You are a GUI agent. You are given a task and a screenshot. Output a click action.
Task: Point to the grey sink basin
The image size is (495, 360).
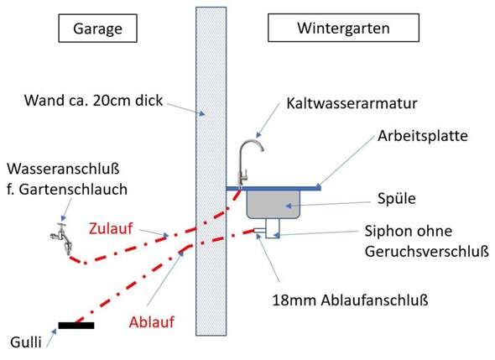point(274,204)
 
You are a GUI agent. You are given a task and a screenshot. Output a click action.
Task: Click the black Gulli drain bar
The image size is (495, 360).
point(76,326)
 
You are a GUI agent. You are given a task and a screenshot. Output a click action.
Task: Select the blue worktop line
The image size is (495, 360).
point(274,188)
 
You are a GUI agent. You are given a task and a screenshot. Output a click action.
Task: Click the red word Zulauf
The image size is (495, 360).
point(111,228)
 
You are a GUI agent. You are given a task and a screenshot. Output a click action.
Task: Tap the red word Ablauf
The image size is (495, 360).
point(152,322)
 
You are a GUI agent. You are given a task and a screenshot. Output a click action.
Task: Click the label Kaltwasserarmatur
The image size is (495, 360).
point(352,103)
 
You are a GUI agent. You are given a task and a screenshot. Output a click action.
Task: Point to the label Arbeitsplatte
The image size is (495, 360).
point(423,136)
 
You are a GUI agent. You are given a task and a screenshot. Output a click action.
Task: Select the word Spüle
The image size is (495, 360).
point(397,199)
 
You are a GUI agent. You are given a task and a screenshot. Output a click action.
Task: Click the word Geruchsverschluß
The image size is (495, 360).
point(427,252)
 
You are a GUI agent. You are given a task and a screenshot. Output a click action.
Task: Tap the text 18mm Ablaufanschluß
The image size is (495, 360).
point(350,300)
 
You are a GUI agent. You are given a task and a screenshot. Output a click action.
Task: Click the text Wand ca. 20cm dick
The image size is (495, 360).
point(93,101)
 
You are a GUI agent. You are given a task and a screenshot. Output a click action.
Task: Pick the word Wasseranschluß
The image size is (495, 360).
point(63,169)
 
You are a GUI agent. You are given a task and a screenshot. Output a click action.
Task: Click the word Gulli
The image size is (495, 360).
point(25,342)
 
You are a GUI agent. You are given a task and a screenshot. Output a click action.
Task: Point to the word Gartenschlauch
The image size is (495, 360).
point(73,190)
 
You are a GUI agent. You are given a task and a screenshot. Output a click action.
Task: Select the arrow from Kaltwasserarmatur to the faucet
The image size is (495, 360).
point(268,120)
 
